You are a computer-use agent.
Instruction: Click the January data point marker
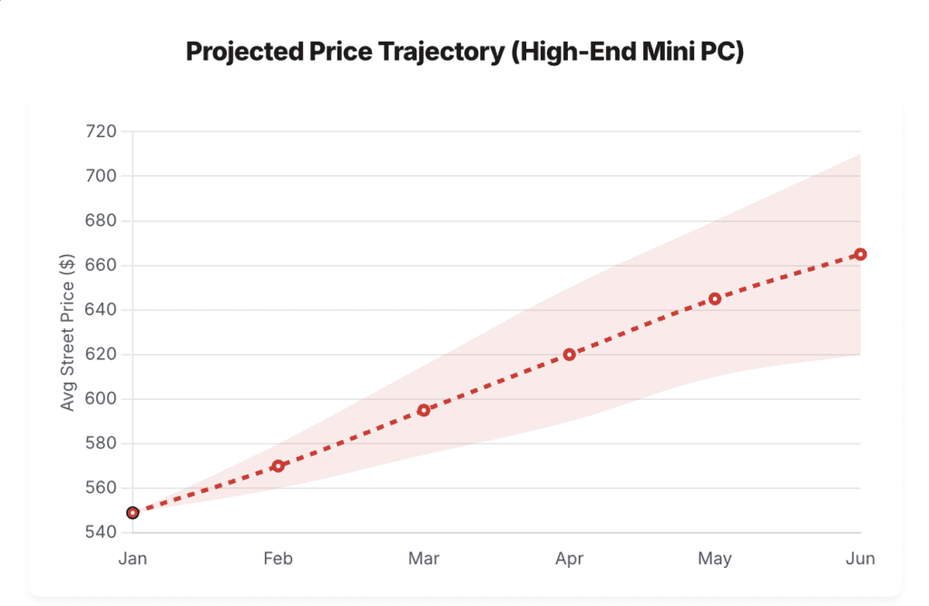tap(132, 513)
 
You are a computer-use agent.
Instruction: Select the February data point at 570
tap(279, 466)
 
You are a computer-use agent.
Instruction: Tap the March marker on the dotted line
tap(424, 410)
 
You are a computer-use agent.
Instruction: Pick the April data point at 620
tap(570, 355)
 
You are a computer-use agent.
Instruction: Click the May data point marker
tap(715, 298)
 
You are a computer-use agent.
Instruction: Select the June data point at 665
tap(861, 254)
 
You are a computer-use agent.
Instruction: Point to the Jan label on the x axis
tap(132, 559)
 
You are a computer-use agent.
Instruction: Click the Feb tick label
tap(279, 559)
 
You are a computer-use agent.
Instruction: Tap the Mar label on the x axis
tap(424, 559)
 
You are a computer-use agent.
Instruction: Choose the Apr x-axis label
tap(570, 559)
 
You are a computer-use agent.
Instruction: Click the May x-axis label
tap(715, 559)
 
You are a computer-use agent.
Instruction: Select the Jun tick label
tap(860, 559)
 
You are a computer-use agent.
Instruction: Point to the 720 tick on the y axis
tap(102, 132)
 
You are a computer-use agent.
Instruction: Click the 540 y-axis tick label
tap(102, 533)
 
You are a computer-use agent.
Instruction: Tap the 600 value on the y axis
tap(102, 399)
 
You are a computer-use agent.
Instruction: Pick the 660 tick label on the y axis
tap(102, 266)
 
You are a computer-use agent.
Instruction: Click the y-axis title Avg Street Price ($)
tap(68, 332)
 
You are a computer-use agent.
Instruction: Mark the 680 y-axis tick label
tap(102, 220)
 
